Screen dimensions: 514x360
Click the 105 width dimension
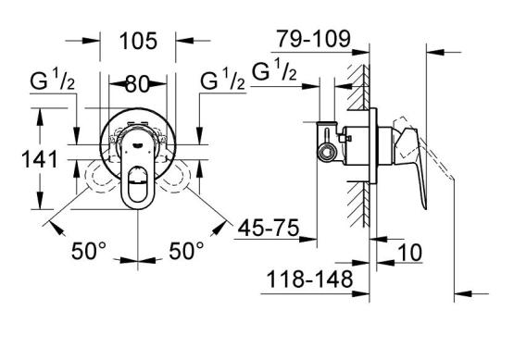138,41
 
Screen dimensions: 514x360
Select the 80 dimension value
137,84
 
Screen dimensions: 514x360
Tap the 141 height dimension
40,160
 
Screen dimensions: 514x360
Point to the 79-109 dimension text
314,39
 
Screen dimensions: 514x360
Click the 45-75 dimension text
269,228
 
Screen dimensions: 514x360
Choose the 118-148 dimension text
309,279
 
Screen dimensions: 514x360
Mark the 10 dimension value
409,253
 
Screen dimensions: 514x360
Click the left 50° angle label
89,251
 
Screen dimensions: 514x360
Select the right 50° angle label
186,251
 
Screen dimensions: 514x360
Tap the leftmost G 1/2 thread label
53,81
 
